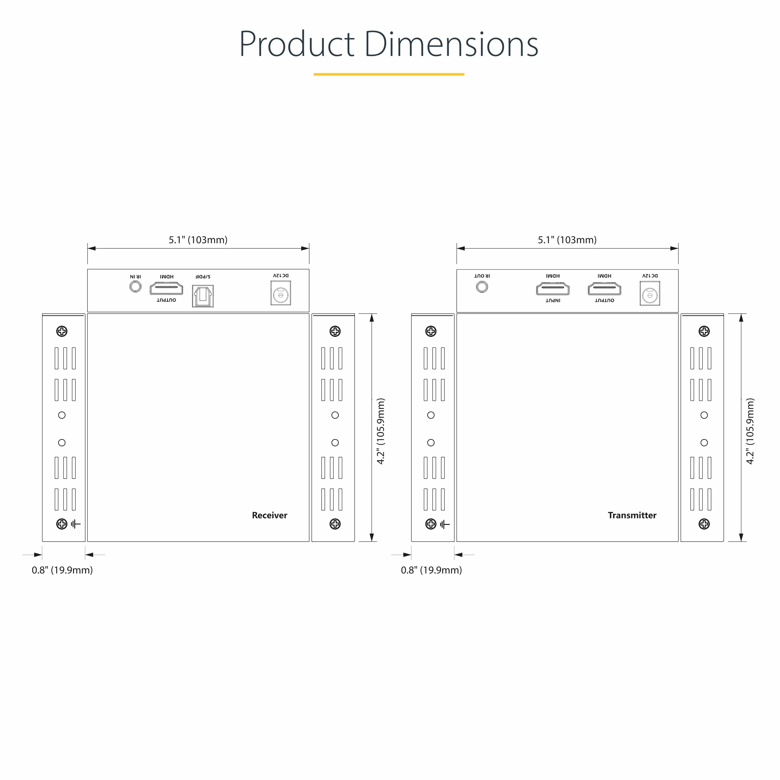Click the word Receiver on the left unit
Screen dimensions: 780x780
click(269, 515)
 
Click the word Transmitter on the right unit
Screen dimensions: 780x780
click(632, 515)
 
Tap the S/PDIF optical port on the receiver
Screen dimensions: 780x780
click(203, 296)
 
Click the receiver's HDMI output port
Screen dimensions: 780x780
click(166, 289)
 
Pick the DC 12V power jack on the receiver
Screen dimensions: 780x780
click(281, 293)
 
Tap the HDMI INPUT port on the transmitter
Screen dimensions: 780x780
click(553, 289)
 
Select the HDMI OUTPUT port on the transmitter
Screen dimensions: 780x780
click(604, 289)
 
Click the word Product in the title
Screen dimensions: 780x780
click(297, 44)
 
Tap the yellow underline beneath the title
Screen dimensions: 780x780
click(389, 74)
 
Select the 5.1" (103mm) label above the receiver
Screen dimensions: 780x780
click(198, 240)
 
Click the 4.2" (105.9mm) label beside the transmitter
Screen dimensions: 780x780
click(750, 431)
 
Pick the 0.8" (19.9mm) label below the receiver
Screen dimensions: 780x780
click(62, 570)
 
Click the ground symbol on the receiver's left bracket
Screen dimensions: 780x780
click(76, 524)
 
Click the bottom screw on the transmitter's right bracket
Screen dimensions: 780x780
click(704, 524)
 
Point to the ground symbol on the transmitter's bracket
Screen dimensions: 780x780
click(444, 524)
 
